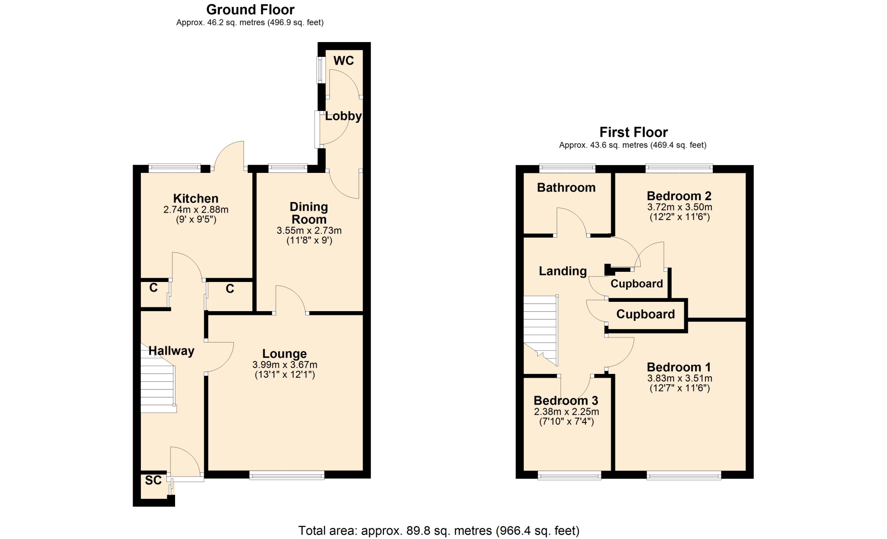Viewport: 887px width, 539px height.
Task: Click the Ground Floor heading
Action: [x=250, y=10]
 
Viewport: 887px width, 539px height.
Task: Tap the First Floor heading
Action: [x=633, y=132]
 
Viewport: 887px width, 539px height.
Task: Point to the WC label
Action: [x=343, y=61]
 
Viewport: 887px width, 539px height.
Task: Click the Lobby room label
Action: [x=343, y=116]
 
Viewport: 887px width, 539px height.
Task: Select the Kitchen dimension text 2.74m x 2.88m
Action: [x=196, y=209]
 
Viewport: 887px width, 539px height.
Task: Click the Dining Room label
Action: [x=309, y=213]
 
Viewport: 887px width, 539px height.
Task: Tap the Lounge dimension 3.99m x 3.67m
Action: [x=285, y=365]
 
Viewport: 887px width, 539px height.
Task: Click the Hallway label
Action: [x=171, y=351]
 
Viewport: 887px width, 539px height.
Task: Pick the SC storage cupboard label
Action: [x=153, y=480]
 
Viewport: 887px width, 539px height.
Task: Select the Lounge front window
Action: [x=287, y=475]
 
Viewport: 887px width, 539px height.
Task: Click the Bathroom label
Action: [x=566, y=188]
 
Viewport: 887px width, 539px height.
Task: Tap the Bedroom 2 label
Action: [x=679, y=196]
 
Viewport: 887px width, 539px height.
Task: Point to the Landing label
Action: [x=563, y=271]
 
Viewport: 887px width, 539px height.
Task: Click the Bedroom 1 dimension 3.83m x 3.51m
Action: [x=680, y=378]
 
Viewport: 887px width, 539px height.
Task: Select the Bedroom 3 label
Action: [x=566, y=400]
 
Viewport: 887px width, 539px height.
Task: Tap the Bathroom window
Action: [x=568, y=169]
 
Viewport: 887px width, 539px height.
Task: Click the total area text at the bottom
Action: [x=439, y=531]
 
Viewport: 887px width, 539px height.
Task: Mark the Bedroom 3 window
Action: [x=570, y=475]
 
